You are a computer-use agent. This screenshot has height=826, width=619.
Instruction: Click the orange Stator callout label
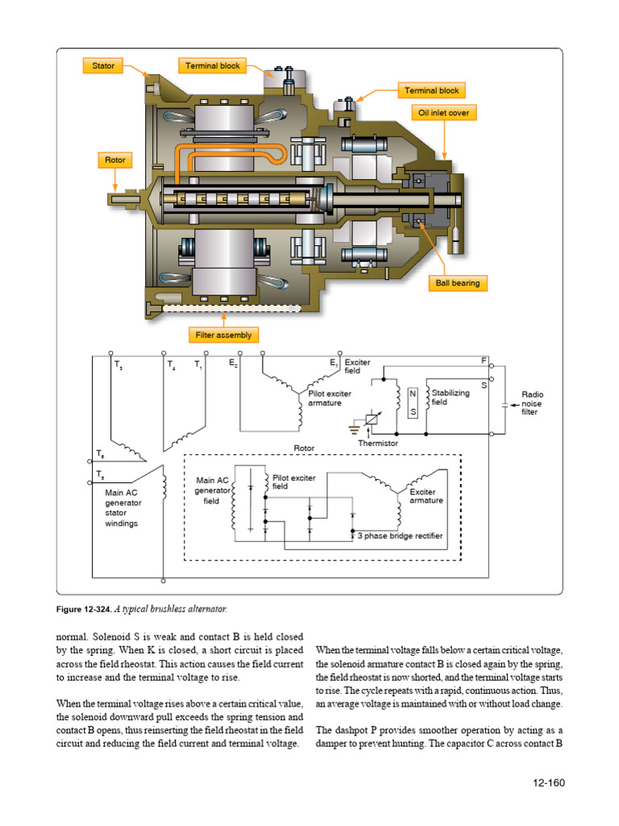coord(102,65)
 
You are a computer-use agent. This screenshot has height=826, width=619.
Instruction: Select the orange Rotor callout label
coord(116,160)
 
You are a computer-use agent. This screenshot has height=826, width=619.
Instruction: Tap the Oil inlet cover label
coord(443,113)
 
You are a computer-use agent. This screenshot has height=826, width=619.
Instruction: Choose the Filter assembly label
coord(223,334)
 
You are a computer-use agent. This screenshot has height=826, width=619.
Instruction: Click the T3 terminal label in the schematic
coord(119,365)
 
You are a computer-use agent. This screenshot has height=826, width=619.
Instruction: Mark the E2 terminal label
coord(233,365)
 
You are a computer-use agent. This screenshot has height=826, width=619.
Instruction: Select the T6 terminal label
coord(100,453)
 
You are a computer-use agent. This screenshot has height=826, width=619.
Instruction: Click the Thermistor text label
coord(378,443)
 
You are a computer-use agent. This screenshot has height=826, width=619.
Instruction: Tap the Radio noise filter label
coord(532,403)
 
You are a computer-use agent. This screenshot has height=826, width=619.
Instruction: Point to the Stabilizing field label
coord(450,397)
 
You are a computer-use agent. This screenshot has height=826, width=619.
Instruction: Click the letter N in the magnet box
coord(413,394)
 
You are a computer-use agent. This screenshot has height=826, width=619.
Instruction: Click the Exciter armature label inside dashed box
coord(426,496)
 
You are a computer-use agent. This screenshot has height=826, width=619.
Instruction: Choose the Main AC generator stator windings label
coord(123,507)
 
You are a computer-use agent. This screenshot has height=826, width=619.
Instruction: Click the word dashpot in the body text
coord(359,730)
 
